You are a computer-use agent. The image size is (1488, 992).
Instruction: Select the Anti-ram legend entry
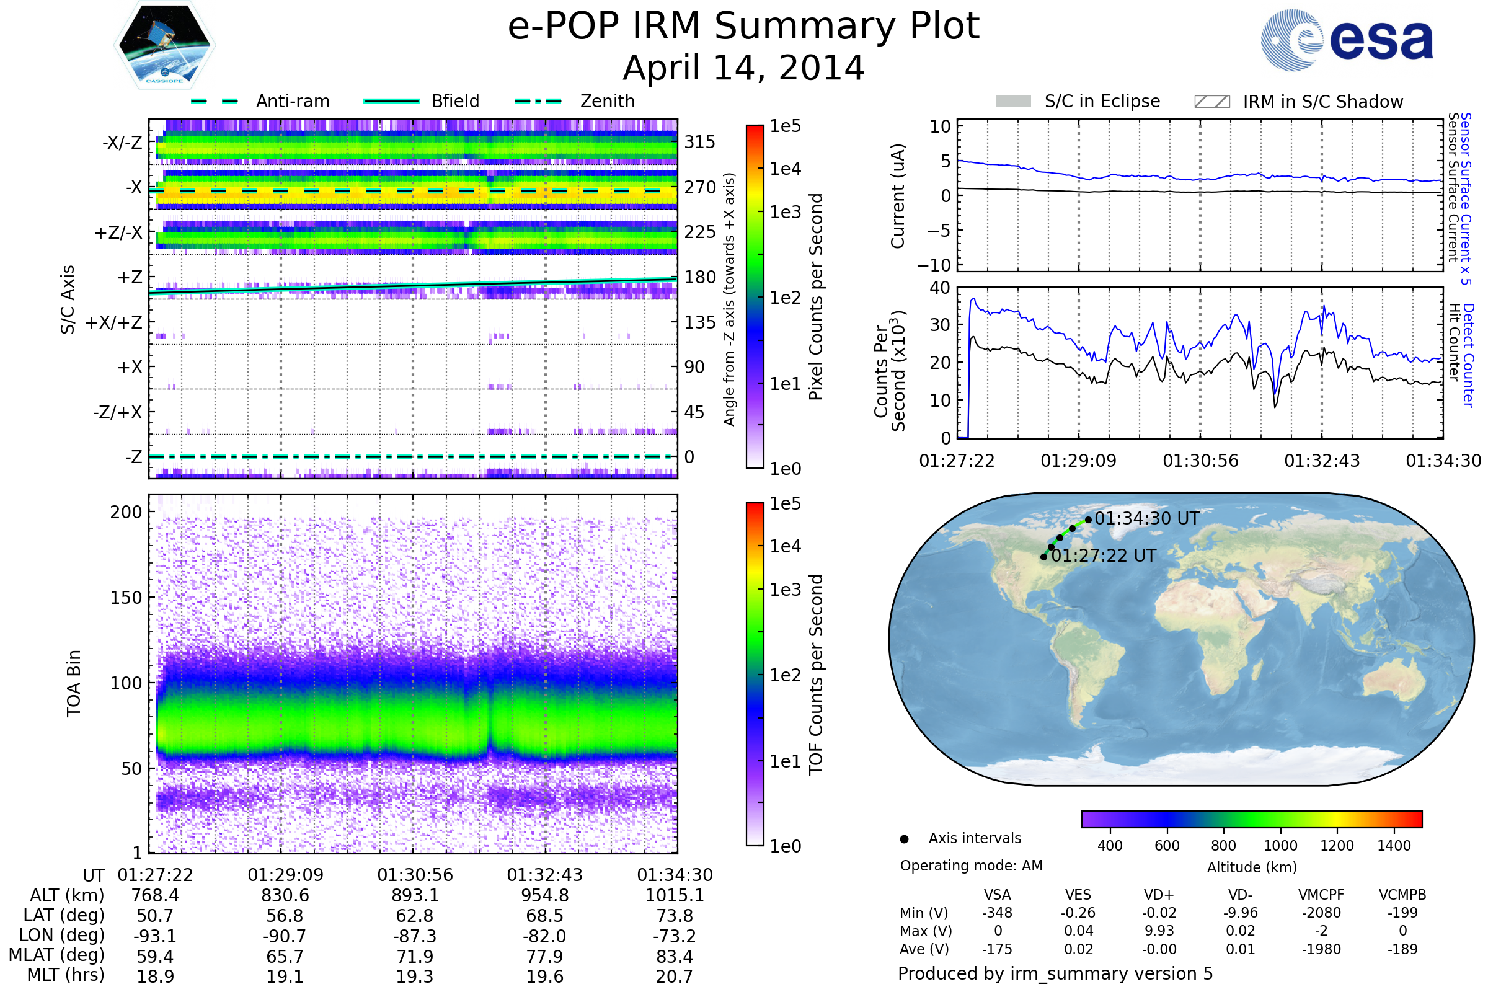click(292, 101)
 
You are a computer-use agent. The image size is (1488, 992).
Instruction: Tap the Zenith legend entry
click(607, 101)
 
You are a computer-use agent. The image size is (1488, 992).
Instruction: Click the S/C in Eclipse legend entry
click(1102, 101)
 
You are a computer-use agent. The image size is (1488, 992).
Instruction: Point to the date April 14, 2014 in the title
click(743, 68)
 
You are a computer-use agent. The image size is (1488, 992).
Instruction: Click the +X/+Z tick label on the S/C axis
click(114, 322)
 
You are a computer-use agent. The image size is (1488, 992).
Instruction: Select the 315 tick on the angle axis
click(700, 142)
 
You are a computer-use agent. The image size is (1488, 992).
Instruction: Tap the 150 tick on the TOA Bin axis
click(126, 598)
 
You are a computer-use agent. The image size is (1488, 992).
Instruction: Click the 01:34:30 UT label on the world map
click(1146, 519)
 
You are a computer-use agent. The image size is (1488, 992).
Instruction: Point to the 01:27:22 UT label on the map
click(1104, 556)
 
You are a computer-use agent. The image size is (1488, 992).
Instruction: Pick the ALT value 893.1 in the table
click(414, 895)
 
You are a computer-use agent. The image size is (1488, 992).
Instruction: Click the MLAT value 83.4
click(675, 956)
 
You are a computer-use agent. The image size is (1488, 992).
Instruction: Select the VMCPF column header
click(1321, 895)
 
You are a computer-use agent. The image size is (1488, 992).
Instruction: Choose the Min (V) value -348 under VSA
click(997, 913)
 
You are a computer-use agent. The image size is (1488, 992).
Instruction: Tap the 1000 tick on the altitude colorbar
click(1280, 846)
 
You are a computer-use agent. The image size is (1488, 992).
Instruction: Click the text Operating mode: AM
click(971, 866)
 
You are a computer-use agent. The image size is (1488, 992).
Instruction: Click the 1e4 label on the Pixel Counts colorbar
click(785, 169)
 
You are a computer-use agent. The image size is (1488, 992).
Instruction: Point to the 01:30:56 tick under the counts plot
click(1200, 461)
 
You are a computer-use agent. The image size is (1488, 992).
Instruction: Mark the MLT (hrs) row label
click(65, 975)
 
